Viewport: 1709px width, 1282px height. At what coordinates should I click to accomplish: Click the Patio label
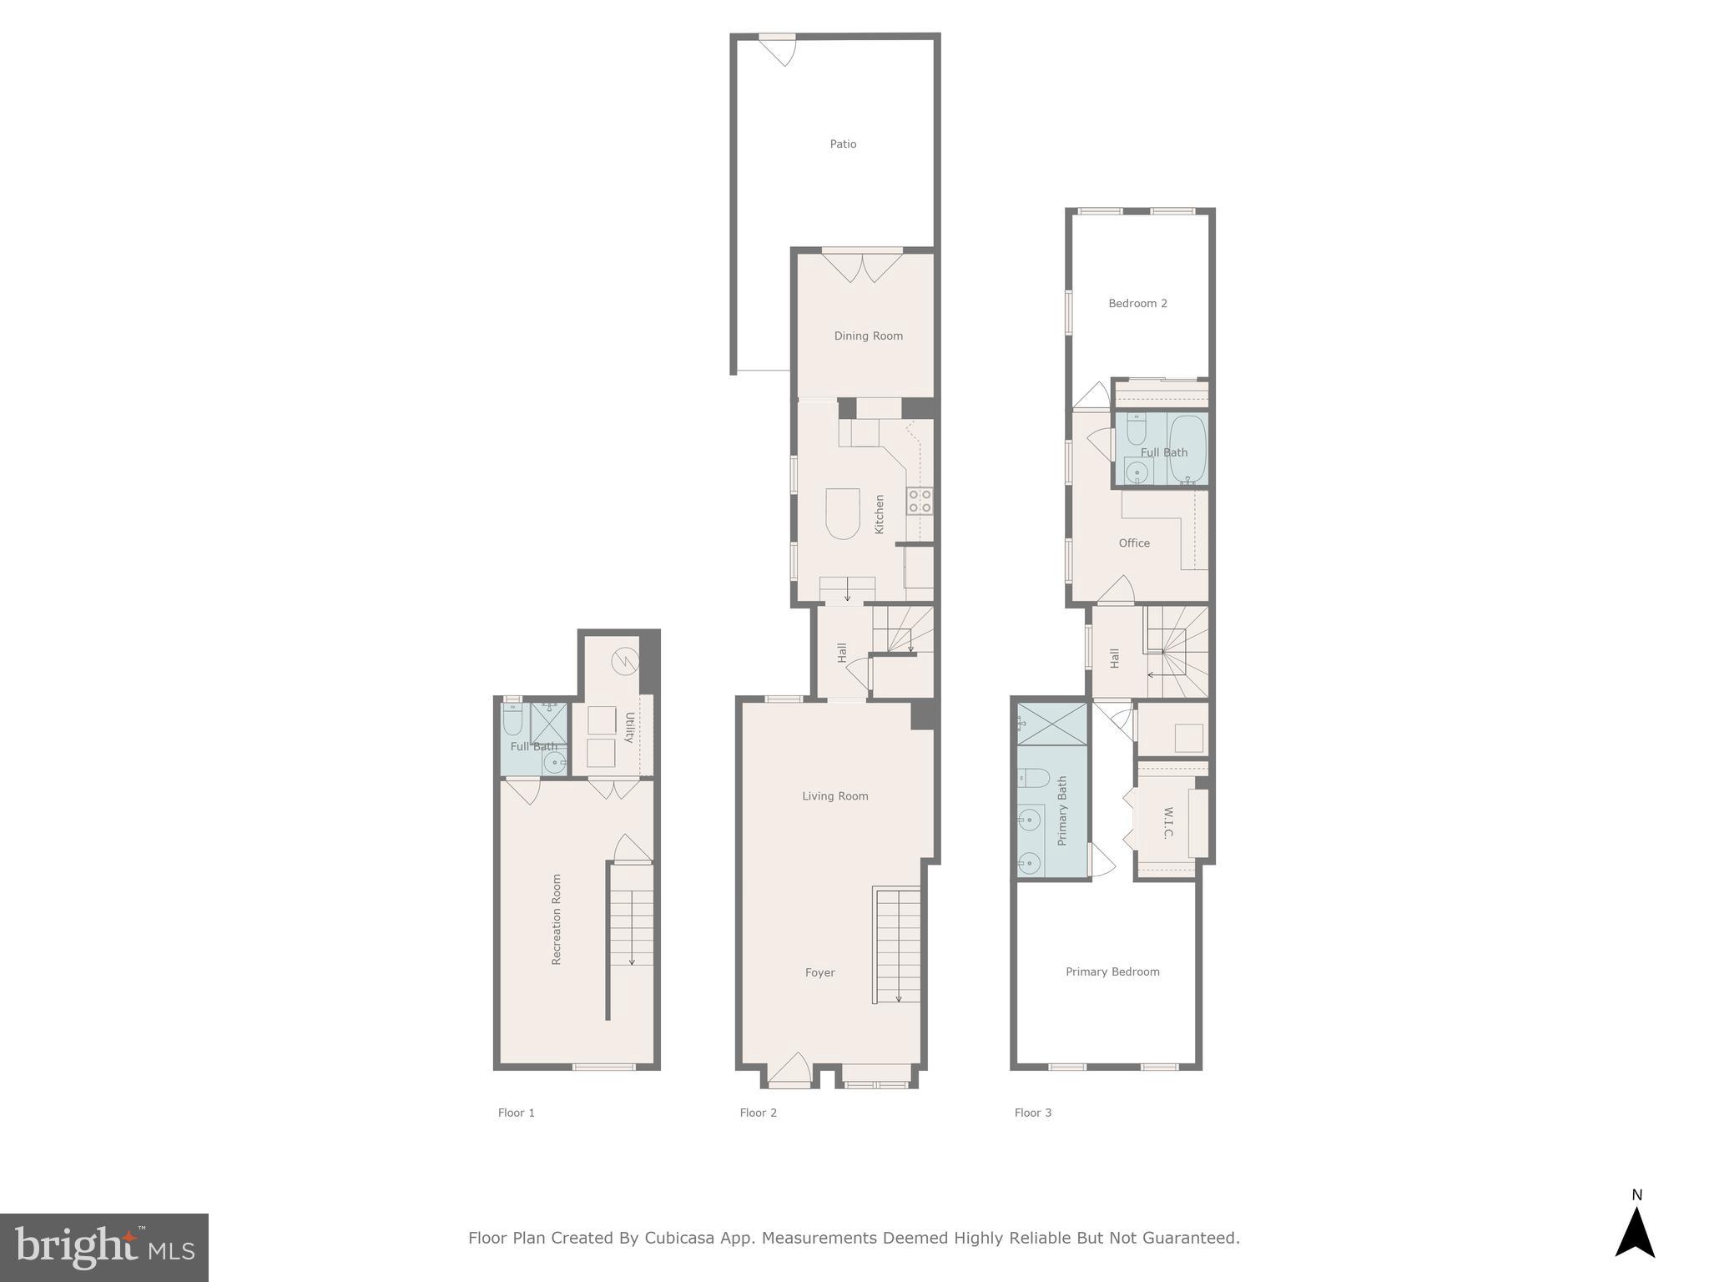(x=843, y=144)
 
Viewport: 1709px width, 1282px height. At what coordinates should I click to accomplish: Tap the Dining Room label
(x=868, y=336)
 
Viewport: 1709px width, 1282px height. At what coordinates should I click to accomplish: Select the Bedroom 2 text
(x=1137, y=304)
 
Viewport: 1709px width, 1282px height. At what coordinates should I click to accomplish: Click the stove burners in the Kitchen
(x=920, y=501)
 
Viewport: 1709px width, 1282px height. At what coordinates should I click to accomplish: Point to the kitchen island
(x=842, y=513)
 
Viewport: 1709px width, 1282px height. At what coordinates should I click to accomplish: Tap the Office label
(x=1134, y=543)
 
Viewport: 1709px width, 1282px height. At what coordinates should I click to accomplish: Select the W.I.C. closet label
(x=1167, y=823)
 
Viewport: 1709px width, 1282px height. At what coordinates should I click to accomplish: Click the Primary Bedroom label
(x=1112, y=972)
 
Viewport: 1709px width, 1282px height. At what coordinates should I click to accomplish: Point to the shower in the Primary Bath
(x=1052, y=724)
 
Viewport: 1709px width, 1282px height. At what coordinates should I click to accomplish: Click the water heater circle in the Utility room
(x=624, y=662)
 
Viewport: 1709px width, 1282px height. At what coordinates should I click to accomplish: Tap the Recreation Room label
(x=557, y=920)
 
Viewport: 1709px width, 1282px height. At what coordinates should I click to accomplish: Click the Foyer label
(x=819, y=973)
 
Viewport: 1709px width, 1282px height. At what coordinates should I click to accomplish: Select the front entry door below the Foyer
(x=789, y=1073)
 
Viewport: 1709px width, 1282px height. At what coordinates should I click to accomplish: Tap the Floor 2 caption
(x=758, y=1113)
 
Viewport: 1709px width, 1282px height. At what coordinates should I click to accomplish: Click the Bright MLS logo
(x=104, y=1248)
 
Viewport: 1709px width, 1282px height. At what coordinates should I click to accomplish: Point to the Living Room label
(x=834, y=796)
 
